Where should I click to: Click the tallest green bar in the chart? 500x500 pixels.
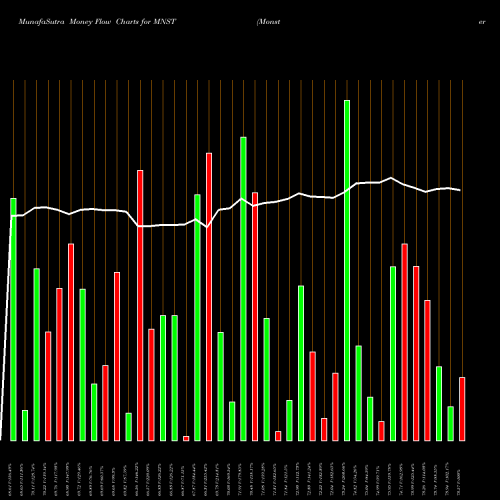coord(347,270)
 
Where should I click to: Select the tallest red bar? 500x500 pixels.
coord(209,296)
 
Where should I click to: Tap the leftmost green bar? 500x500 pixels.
coord(14,319)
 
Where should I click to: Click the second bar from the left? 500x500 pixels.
coord(25,425)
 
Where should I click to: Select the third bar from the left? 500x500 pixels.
coord(37,354)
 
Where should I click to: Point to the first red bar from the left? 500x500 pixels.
coord(48,385)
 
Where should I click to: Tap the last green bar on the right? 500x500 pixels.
coord(450,423)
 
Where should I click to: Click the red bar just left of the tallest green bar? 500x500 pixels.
coord(335,406)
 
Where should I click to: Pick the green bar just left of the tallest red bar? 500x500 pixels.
coord(197,317)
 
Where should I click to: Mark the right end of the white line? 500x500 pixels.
coord(461,190)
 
